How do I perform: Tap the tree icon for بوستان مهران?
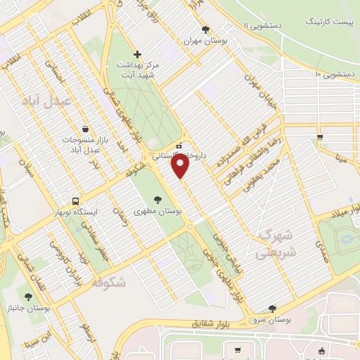[205, 30]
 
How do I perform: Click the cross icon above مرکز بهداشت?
[137, 54]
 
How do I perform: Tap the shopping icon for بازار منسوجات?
[85, 129]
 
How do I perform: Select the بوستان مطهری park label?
[158, 210]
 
